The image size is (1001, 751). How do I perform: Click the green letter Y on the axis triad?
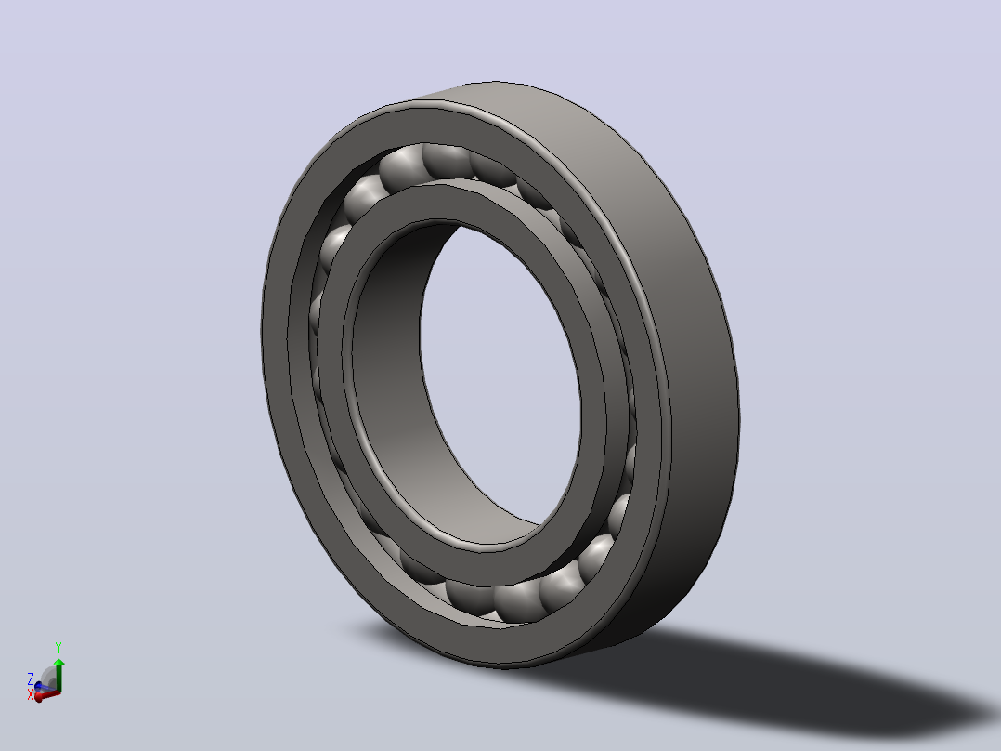coord(58,648)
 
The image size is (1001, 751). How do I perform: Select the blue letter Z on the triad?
coord(30,679)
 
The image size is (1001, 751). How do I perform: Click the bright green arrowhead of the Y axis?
coord(58,662)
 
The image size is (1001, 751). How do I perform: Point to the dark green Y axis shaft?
coord(58,679)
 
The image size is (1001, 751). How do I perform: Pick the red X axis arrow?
coord(48,695)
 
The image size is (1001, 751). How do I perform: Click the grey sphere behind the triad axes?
coord(48,678)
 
